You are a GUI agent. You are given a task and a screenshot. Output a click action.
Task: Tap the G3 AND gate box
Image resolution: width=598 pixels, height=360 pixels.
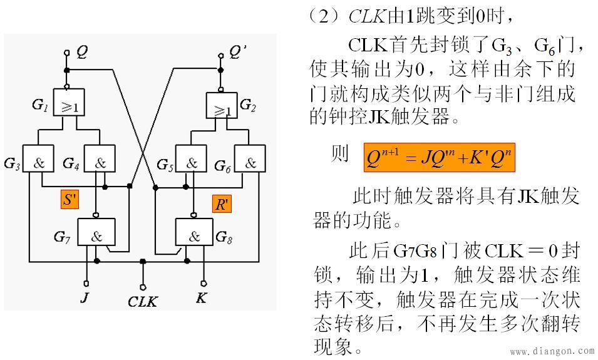(x=39, y=163)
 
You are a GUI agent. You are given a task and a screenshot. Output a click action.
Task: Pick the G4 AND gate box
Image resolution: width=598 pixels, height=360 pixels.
(x=100, y=163)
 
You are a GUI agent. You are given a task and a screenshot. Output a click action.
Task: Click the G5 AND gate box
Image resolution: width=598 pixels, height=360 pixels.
(x=191, y=163)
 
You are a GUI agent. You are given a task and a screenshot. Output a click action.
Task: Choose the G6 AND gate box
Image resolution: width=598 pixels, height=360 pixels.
(x=250, y=163)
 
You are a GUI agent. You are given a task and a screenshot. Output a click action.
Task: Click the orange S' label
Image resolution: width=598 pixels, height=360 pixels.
(x=69, y=200)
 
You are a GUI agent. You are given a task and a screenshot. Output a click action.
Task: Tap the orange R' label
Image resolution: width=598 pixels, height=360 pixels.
(x=222, y=204)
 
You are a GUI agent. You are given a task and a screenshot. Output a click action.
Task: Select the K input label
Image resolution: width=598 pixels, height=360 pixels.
(x=201, y=297)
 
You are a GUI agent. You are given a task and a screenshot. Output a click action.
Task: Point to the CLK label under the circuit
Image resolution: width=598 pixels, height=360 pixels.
(x=142, y=301)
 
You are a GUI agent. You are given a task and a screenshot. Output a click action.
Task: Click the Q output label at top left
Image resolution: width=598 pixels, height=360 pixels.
(x=81, y=53)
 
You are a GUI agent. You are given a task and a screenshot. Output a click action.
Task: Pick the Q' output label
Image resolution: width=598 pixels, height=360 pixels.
(x=235, y=53)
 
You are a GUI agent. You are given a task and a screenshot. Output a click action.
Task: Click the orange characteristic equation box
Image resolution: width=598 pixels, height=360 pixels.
(x=440, y=158)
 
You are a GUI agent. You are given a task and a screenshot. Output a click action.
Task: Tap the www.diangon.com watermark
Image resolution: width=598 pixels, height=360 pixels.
(x=552, y=352)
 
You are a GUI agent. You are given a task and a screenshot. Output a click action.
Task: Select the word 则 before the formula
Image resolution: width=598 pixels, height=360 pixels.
(x=340, y=155)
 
